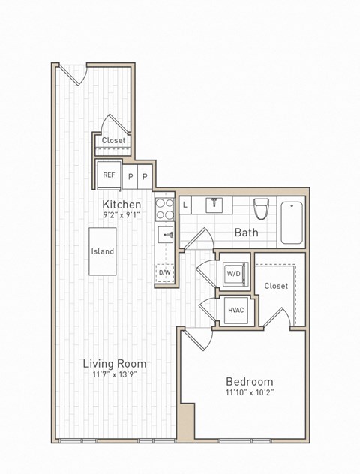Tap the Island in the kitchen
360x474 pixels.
(x=103, y=251)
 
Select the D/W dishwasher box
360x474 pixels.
(x=164, y=272)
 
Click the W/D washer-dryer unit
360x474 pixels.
(x=234, y=274)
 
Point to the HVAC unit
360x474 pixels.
(x=235, y=310)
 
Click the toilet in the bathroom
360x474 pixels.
(x=261, y=207)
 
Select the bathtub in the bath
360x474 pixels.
(x=292, y=222)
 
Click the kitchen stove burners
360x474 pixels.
(x=164, y=209)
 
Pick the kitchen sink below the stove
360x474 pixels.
(x=165, y=235)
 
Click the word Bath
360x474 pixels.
(x=246, y=232)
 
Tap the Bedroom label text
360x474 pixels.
(x=249, y=381)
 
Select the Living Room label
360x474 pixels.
(x=114, y=364)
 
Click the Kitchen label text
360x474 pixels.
(x=121, y=204)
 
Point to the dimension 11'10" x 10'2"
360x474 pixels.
(x=249, y=392)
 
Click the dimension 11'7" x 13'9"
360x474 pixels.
(x=114, y=375)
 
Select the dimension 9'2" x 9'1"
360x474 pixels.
(x=121, y=214)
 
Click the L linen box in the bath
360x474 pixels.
(x=185, y=204)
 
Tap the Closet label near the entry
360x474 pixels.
(x=114, y=140)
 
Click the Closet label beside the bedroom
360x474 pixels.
(x=276, y=286)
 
